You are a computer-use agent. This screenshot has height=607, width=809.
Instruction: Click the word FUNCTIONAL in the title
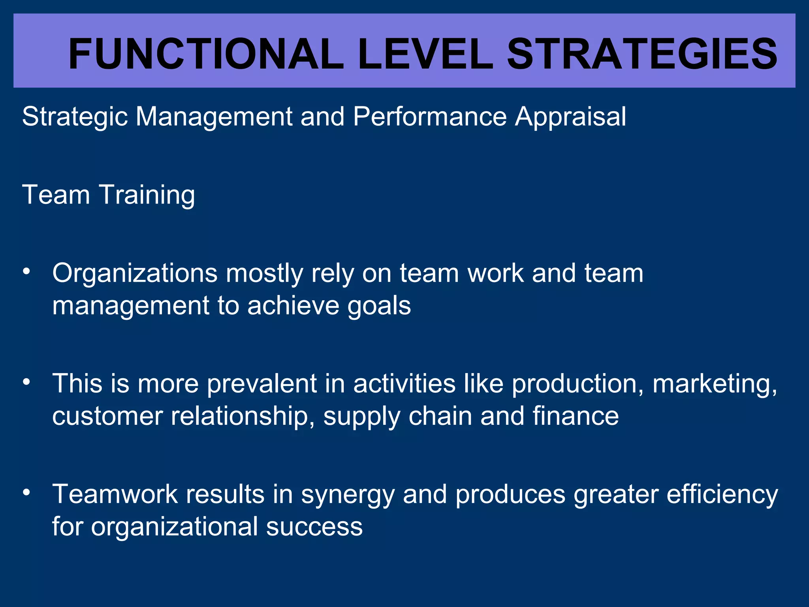pos(205,54)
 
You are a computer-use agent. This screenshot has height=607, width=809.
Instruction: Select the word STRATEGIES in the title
pos(642,54)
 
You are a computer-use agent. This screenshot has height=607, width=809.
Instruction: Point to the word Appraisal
pos(570,117)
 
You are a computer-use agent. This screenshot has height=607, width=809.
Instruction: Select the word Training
pos(147,195)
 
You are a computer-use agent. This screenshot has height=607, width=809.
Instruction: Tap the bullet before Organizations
pos(26,271)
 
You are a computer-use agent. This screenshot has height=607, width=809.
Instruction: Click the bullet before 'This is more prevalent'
pos(26,382)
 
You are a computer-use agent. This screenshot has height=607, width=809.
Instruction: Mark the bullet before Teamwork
pos(26,492)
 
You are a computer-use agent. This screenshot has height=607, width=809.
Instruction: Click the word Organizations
pos(135,273)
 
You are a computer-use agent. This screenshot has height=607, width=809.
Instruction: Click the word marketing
pos(715,385)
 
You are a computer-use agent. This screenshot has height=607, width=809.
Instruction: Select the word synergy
pos(348,495)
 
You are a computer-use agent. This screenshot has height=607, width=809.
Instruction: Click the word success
pos(314,527)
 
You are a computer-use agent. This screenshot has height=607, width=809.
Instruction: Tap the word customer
pos(107,417)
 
